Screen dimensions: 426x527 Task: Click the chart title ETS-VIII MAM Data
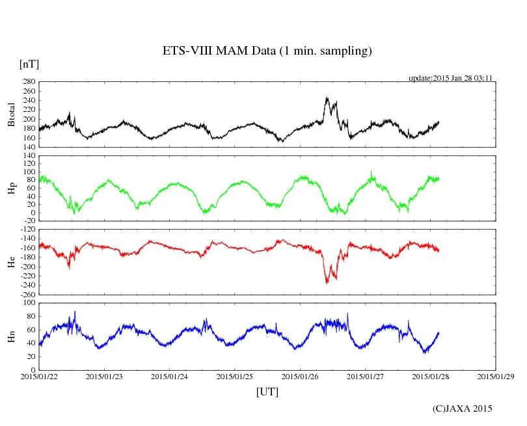[267, 51]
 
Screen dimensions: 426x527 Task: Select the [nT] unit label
[29, 64]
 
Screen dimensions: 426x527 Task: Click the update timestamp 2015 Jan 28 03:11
[450, 78]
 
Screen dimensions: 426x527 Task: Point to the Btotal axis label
[11, 114]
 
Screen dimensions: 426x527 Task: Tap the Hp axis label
[11, 189]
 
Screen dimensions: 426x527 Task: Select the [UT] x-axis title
[267, 392]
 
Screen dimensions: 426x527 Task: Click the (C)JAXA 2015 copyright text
[463, 408]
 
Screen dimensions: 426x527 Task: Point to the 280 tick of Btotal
[28, 82]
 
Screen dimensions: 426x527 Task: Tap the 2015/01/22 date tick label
[39, 377]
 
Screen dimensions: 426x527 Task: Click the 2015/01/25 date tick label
[235, 377]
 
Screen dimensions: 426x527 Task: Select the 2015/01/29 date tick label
[496, 377]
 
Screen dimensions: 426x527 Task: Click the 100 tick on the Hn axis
[28, 303]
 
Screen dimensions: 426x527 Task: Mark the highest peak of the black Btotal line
[327, 98]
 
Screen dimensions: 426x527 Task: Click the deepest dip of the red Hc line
[327, 282]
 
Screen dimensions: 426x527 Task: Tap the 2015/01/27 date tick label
[365, 377]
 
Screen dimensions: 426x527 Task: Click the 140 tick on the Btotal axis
[28, 148]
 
